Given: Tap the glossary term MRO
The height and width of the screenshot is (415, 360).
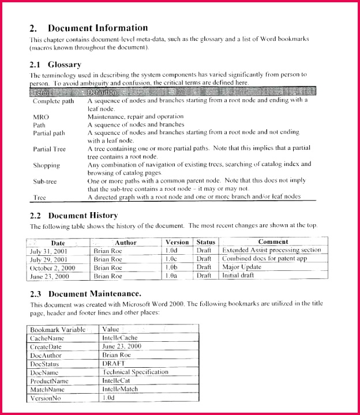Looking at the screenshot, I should click(41, 116).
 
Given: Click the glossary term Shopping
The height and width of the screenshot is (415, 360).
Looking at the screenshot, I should click(47, 165).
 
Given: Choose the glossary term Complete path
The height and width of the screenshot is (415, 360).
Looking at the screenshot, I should click(54, 101).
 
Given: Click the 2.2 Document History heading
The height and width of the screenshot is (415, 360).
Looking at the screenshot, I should click(74, 216).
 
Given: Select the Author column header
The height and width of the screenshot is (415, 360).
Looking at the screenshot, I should click(125, 243).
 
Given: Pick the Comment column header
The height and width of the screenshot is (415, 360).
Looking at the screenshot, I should click(273, 242).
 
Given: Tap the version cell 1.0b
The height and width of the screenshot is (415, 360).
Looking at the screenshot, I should click(171, 267).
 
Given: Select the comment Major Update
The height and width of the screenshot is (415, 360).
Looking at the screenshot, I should click(242, 267).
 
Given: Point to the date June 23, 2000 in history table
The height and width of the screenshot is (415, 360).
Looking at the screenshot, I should click(49, 276).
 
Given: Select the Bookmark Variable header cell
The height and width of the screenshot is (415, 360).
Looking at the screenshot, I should click(58, 330).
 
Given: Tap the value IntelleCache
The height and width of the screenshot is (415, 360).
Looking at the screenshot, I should click(120, 338).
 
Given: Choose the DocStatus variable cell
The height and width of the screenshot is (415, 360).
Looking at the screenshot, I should click(46, 364).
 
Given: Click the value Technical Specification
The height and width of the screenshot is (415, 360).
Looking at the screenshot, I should click(135, 372).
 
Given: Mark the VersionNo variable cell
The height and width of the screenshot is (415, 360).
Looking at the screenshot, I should click(46, 398).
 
